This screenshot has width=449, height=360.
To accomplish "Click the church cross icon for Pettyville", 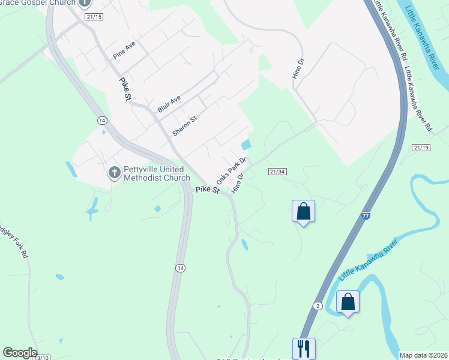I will [x=114, y=173].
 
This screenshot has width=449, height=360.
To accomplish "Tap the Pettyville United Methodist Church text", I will [x=157, y=173].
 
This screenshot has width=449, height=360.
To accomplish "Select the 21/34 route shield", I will [x=277, y=172].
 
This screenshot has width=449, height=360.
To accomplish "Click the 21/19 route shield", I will [x=421, y=148].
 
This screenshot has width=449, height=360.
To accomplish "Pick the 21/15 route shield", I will [x=94, y=17].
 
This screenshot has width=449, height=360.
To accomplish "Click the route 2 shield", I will [x=318, y=306].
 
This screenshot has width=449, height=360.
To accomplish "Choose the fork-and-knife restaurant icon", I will [x=303, y=347].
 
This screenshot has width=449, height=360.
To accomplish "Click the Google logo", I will [x=20, y=353].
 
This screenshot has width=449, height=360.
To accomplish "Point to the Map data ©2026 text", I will [x=423, y=355].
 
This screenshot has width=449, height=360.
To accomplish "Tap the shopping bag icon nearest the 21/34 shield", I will [x=303, y=211].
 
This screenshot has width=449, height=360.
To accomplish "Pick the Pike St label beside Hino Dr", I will [x=207, y=190].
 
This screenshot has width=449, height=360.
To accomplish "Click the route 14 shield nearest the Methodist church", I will [x=103, y=121].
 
